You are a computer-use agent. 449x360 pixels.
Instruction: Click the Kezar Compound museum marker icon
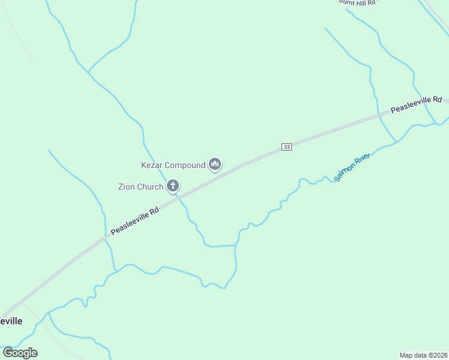click(215, 164)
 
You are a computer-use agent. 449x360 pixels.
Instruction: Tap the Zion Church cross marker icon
click(173, 186)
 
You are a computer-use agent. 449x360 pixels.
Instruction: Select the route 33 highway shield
click(286, 147)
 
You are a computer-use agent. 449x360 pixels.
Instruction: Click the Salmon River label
click(353, 167)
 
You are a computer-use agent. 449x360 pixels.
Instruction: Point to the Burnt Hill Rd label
click(357, 2)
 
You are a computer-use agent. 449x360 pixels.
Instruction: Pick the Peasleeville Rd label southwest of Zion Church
click(135, 221)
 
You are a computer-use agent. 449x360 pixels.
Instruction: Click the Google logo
click(20, 352)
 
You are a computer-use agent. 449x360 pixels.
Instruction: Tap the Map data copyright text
click(424, 355)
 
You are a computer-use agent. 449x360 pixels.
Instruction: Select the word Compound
click(185, 165)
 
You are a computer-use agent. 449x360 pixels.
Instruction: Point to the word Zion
click(127, 187)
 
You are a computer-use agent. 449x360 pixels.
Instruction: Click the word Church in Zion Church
click(150, 187)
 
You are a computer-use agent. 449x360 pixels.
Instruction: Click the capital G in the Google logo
click(8, 352)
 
